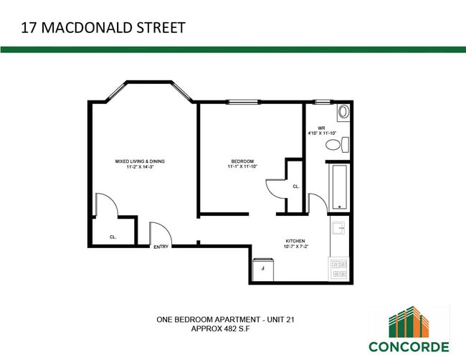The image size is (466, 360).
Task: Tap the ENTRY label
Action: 161,247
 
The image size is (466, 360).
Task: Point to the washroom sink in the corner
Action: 342,112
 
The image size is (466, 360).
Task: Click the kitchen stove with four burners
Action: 339,268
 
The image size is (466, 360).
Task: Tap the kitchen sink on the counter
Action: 339,229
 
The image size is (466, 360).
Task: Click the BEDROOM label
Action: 242,161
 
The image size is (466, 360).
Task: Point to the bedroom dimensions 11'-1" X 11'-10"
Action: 242,166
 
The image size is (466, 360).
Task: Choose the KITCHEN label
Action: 295,241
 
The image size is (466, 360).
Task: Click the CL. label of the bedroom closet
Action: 295,186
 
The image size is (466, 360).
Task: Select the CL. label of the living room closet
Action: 113,237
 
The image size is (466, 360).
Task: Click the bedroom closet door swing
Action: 276,188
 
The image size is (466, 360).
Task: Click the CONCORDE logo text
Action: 409,346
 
